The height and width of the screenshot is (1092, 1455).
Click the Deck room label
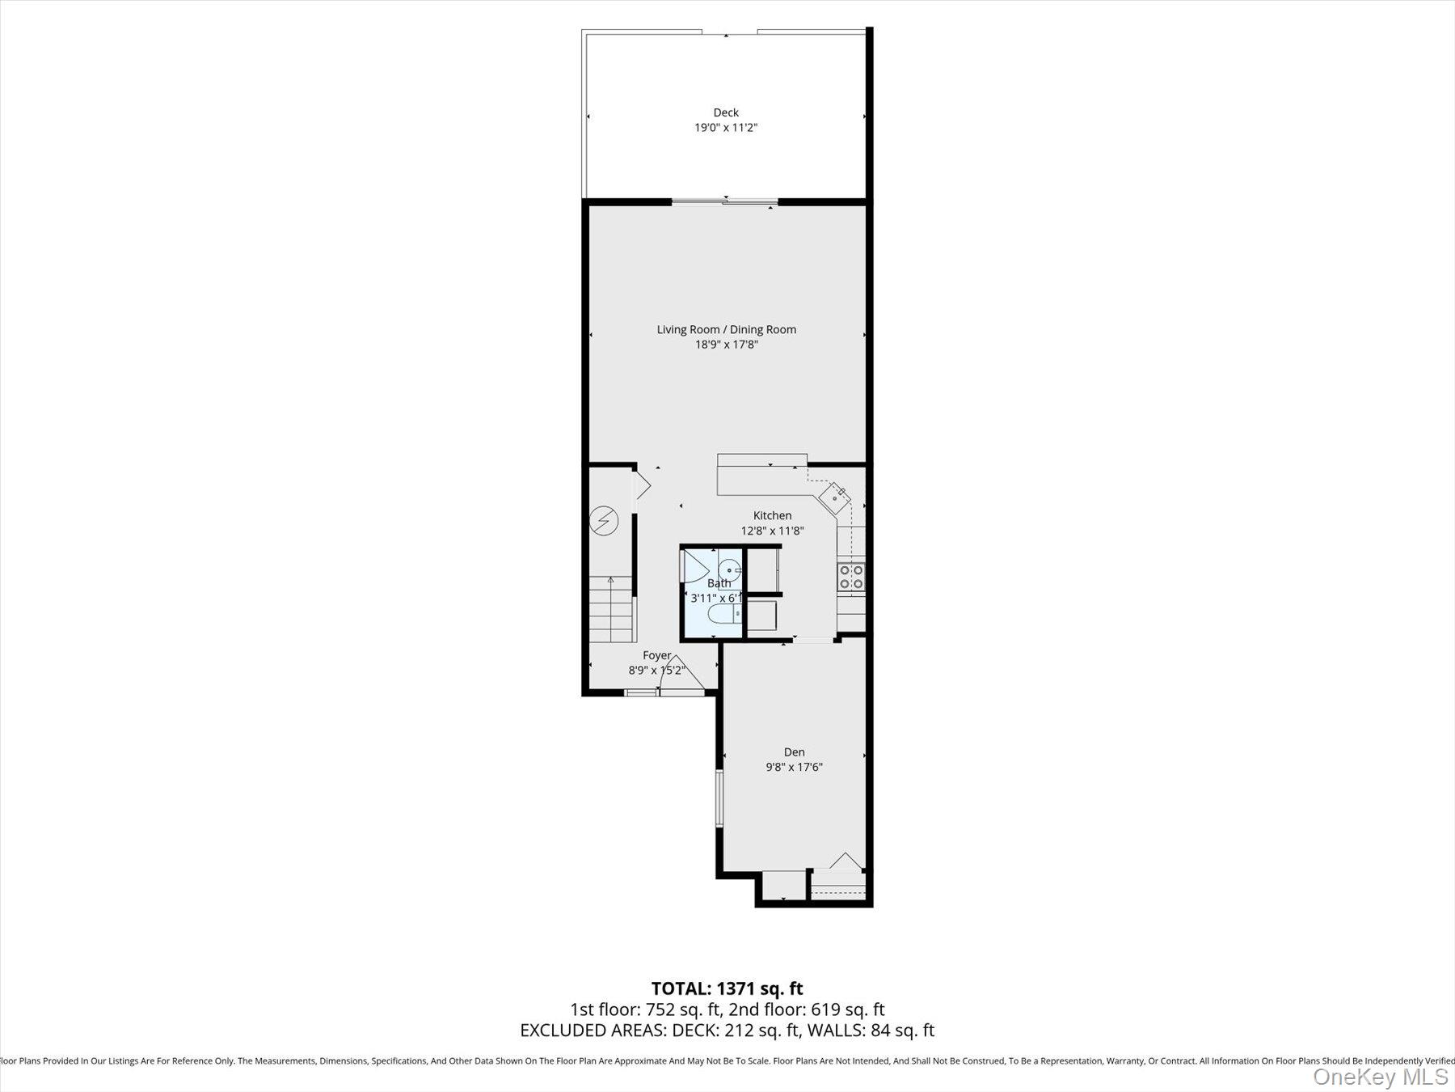tap(725, 112)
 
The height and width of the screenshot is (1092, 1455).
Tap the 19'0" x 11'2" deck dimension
tap(725, 128)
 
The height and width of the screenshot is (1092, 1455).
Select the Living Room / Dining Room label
tap(726, 329)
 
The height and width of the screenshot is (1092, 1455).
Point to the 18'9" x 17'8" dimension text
tap(726, 345)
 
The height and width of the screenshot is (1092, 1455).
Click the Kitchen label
tap(772, 515)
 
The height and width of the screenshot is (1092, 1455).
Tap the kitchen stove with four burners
tap(851, 577)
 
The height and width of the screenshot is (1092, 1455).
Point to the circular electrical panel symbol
tap(603, 521)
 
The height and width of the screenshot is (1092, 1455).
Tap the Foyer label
tap(656, 655)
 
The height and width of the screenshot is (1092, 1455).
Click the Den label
tap(794, 752)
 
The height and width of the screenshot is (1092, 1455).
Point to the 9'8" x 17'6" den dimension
tap(794, 768)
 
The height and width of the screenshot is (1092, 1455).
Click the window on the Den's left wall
tap(719, 798)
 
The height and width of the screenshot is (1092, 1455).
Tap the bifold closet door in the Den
tap(846, 862)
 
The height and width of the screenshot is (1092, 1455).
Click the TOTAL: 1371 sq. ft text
tap(727, 988)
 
